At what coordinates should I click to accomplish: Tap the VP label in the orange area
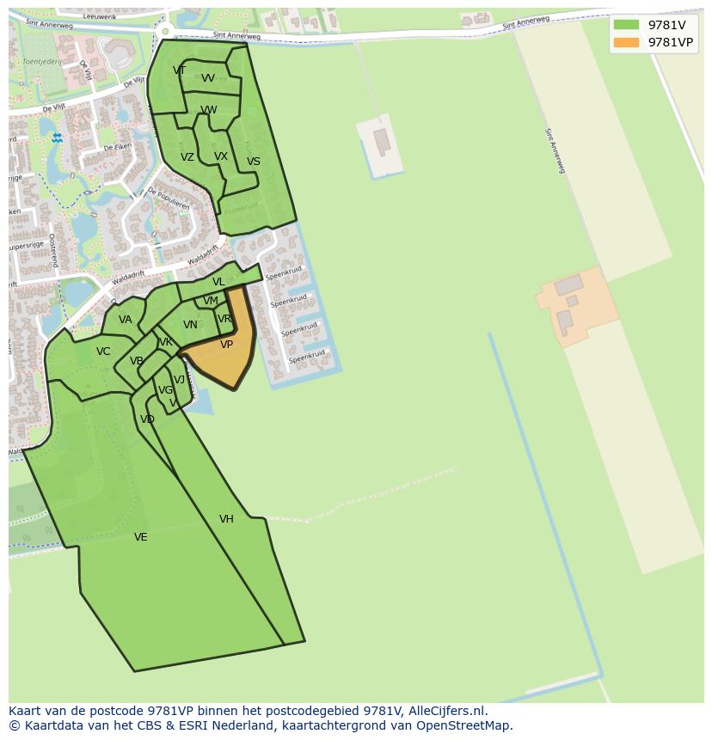pyautogui.click(x=226, y=345)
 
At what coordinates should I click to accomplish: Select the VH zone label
pyautogui.click(x=226, y=519)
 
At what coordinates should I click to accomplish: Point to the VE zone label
pyautogui.click(x=141, y=537)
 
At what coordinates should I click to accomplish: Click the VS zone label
pyautogui.click(x=253, y=162)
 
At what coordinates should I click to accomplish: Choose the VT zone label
pyautogui.click(x=179, y=70)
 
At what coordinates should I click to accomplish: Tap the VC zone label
pyautogui.click(x=103, y=352)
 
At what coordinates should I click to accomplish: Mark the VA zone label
pyautogui.click(x=126, y=320)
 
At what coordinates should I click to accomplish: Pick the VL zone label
pyautogui.click(x=218, y=282)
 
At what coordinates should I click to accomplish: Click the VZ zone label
pyautogui.click(x=187, y=157)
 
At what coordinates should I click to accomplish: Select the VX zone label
pyautogui.click(x=221, y=156)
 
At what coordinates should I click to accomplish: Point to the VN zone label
pyautogui.click(x=190, y=325)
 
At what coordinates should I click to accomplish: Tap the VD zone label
pyautogui.click(x=147, y=419)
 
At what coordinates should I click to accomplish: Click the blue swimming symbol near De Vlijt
pyautogui.click(x=57, y=138)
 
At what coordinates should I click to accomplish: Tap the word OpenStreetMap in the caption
pyautogui.click(x=465, y=725)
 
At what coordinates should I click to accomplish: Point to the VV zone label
pyautogui.click(x=208, y=78)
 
